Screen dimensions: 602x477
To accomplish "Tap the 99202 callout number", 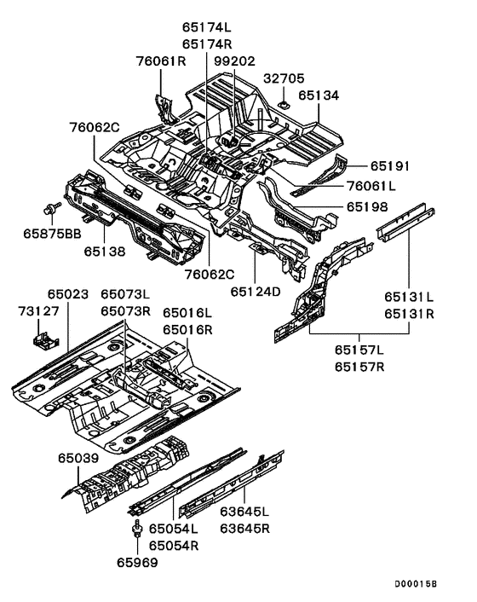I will coord(234,61).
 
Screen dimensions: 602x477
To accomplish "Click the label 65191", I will coord(391,166).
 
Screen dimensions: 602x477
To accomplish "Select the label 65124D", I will coord(255,291).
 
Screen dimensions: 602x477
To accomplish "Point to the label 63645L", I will coord(243,512).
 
